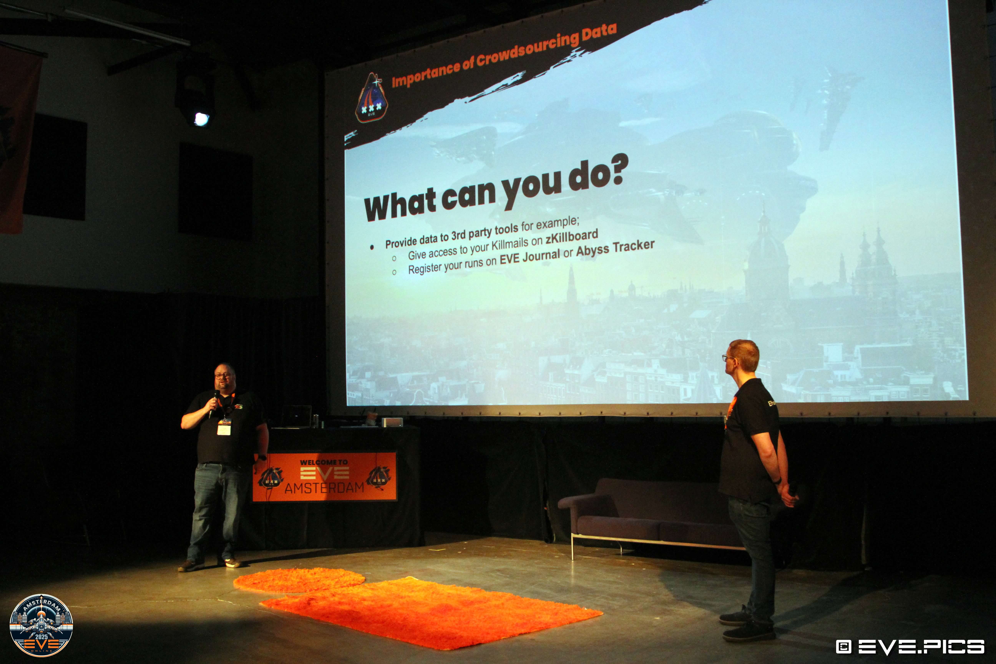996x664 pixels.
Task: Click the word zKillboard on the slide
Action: tap(572, 237)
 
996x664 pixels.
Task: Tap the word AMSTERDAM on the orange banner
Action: tap(324, 487)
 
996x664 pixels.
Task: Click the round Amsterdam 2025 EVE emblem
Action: tap(41, 625)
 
